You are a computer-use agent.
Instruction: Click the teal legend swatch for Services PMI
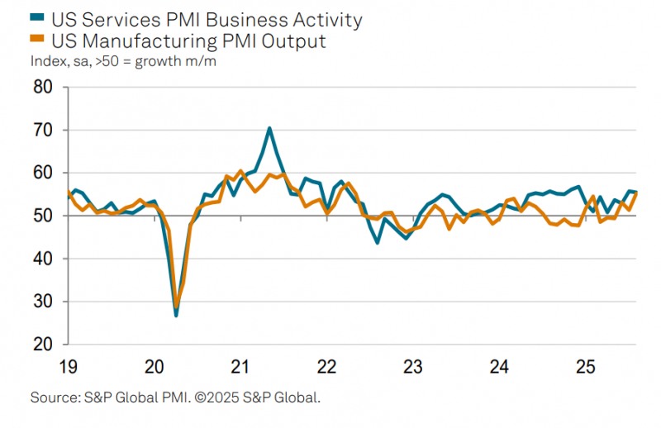36,18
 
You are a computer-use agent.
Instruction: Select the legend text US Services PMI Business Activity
206,18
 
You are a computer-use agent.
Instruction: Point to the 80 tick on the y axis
43,88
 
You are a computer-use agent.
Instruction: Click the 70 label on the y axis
43,131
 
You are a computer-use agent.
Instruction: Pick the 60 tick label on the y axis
43,174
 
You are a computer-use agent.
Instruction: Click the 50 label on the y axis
43,216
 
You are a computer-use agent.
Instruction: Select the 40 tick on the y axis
43,259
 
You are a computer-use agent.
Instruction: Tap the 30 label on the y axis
43,302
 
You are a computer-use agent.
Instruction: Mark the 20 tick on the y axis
43,345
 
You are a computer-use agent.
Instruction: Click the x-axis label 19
69,366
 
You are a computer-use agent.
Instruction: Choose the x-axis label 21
240,366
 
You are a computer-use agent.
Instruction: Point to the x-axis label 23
412,366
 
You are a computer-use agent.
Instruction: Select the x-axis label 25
584,366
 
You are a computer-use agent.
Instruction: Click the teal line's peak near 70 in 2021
269,128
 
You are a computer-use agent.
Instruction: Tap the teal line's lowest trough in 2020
176,316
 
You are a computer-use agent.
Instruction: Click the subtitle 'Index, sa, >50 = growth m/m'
123,60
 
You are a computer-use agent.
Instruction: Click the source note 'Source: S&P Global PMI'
103,398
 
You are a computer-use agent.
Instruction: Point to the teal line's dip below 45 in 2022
377,242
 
